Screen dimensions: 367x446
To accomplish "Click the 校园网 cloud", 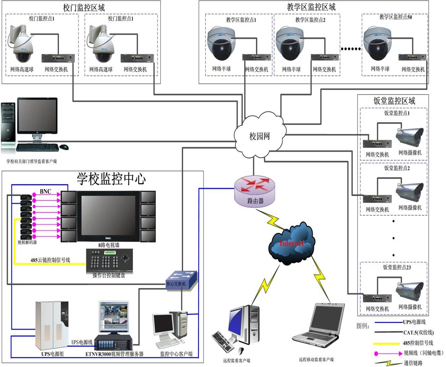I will click(260, 135).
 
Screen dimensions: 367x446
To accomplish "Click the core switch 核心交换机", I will click(181, 279).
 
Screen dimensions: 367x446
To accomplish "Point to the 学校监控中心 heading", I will click(111, 179).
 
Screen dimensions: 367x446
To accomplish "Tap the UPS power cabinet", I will click(52, 326).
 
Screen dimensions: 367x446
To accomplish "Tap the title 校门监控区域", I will click(84, 8).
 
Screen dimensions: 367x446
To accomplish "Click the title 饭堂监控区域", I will click(394, 101).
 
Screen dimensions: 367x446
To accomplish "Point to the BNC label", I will click(46, 192).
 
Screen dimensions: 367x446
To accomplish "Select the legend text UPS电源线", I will click(414, 322).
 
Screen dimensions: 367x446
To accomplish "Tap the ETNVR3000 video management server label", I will click(115, 354).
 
